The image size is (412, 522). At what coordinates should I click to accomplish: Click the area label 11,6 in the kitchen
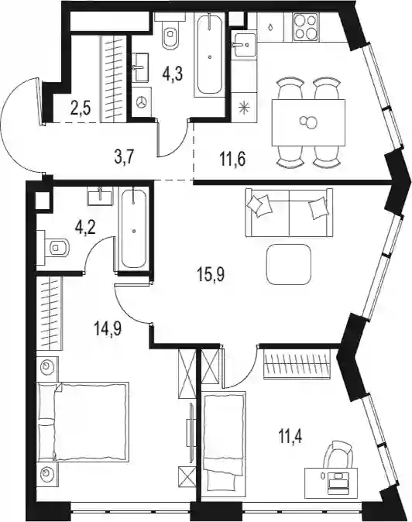pyautogui.click(x=232, y=160)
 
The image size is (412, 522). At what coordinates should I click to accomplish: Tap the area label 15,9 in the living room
pyautogui.click(x=211, y=276)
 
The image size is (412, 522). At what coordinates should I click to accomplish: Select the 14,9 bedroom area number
pyautogui.click(x=108, y=329)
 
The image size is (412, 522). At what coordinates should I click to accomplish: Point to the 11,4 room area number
pyautogui.click(x=289, y=437)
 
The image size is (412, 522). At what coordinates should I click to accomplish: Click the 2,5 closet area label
pyautogui.click(x=81, y=108)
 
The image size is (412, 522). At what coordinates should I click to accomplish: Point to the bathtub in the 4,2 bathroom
pyautogui.click(x=134, y=228)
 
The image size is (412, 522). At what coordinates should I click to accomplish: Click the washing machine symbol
pyautogui.click(x=142, y=102)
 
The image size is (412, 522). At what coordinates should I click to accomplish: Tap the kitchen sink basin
pyautogui.click(x=245, y=44)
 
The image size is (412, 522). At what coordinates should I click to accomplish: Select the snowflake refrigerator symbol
pyautogui.click(x=244, y=108)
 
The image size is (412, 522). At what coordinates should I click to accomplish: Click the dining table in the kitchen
pyautogui.click(x=308, y=122)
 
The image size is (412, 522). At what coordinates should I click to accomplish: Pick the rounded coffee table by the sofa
pyautogui.click(x=289, y=265)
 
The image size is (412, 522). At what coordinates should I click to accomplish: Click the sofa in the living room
pyautogui.click(x=289, y=212)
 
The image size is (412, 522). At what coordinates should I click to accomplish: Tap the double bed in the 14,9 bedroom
pyautogui.click(x=83, y=422)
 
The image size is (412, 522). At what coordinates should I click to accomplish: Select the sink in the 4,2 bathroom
pyautogui.click(x=100, y=196)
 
